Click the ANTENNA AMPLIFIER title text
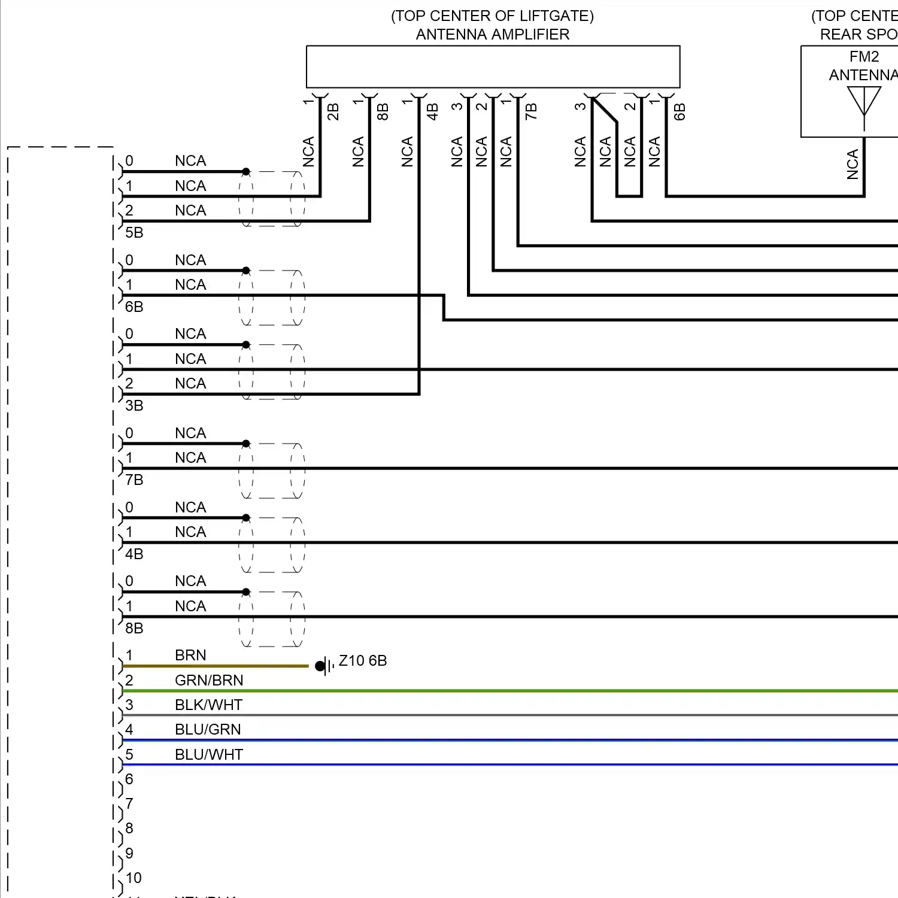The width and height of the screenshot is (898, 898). point(492,35)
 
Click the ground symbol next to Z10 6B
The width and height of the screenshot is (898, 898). point(324,666)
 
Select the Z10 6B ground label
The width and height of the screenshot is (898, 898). point(363,661)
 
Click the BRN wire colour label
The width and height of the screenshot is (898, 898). point(190,656)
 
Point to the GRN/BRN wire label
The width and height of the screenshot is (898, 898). point(209,681)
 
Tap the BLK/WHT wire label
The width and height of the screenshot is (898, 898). point(208,705)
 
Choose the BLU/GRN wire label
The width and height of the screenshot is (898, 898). point(208,730)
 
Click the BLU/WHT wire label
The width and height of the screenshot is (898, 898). point(208,755)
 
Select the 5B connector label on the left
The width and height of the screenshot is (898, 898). point(134,233)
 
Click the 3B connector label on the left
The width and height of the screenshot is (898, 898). point(134,406)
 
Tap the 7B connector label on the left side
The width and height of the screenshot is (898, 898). point(134,480)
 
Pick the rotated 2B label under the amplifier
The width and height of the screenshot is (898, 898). point(333,112)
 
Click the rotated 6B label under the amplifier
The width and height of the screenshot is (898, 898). point(679,112)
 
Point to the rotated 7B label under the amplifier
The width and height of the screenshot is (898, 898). point(531,112)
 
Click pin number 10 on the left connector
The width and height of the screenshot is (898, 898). point(134,878)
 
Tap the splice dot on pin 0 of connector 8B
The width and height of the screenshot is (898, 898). point(246,592)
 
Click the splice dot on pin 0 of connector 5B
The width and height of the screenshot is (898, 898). point(246,172)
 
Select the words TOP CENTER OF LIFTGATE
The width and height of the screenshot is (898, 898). point(492,16)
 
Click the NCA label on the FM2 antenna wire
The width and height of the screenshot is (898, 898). point(853,165)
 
